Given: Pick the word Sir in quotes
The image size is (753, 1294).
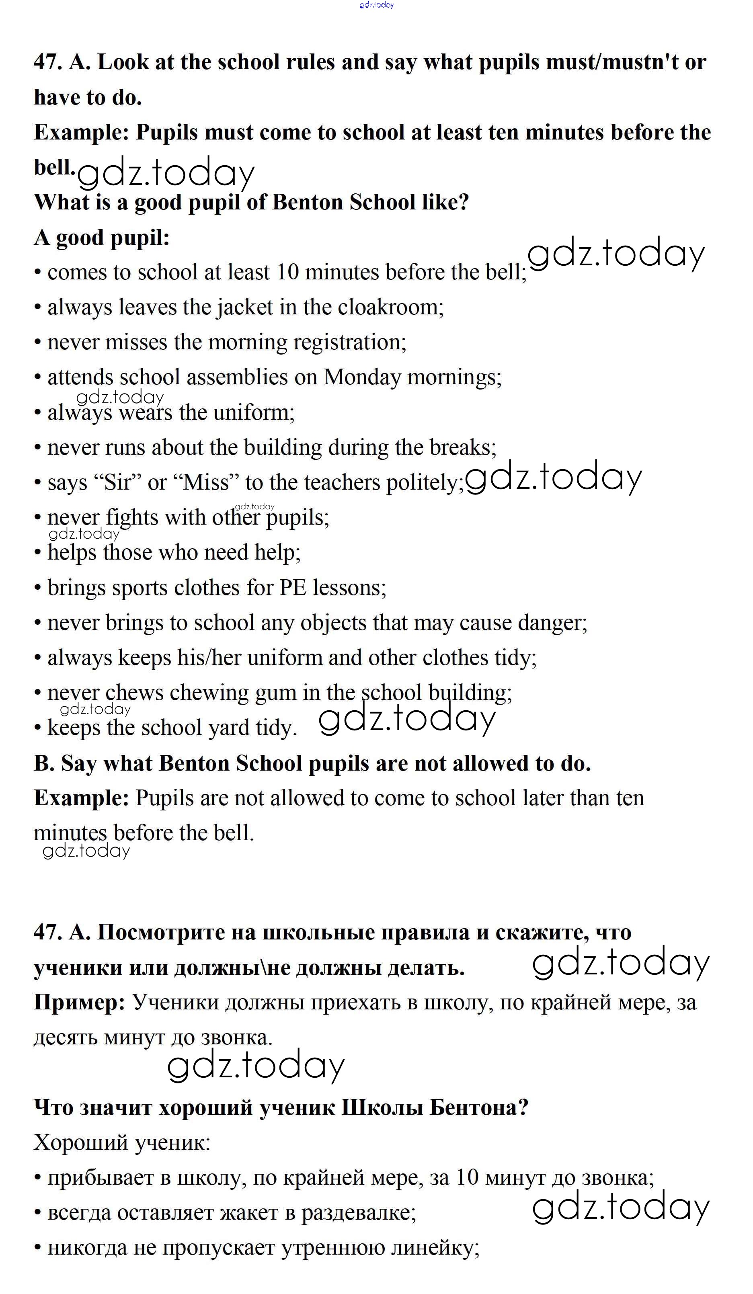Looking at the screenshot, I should click(117, 483).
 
